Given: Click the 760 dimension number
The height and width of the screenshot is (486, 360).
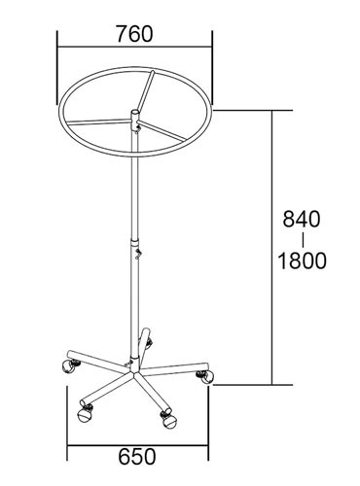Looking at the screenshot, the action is [134, 34].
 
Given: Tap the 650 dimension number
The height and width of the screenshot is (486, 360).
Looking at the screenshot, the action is [137, 457].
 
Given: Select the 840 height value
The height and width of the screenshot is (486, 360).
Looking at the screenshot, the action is [302, 219].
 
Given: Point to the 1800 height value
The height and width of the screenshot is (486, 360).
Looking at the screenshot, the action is [303, 260].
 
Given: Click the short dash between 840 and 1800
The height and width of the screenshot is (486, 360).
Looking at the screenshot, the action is [303, 240].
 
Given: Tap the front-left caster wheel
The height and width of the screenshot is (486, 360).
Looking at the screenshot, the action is [85, 412].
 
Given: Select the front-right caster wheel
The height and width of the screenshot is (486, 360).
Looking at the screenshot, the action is [168, 420].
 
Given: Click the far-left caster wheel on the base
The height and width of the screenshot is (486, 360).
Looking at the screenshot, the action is [69, 366].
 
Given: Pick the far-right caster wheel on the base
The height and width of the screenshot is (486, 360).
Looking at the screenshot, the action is [205, 376].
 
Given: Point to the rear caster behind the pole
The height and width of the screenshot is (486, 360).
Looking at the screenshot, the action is [149, 343].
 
